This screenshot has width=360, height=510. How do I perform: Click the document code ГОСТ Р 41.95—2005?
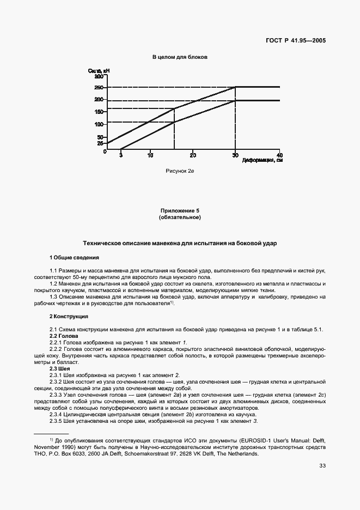click(300, 40)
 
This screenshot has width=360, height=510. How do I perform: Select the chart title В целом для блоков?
click(180, 57)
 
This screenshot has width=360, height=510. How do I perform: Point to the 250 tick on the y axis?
click(99, 87)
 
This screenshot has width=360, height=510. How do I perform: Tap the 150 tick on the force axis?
click(99, 112)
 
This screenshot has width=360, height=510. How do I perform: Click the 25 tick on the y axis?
click(100, 144)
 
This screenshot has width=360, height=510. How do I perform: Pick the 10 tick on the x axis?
click(150, 155)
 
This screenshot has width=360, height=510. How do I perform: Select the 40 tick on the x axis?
click(279, 155)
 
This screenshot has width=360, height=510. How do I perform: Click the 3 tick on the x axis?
click(121, 155)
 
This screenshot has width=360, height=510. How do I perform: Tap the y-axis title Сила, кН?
click(99, 71)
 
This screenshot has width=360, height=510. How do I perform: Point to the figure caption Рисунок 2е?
click(180, 171)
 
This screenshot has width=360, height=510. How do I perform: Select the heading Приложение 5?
click(180, 210)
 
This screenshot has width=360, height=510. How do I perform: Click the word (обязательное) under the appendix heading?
click(180, 217)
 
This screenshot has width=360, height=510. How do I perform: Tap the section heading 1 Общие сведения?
click(75, 257)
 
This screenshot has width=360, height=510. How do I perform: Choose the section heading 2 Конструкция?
click(69, 317)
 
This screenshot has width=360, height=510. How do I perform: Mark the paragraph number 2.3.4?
click(56, 415)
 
